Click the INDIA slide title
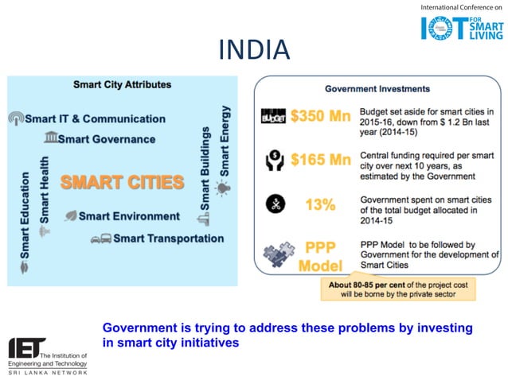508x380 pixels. [253, 51]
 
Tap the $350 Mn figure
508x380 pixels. [320, 117]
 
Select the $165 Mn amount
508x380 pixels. [320, 160]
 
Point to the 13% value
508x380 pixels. [320, 204]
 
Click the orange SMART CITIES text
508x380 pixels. [122, 182]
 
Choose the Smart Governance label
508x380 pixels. [106, 138]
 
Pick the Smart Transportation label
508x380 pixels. [167, 238]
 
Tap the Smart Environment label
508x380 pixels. [128, 215]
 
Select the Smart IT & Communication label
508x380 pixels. [94, 118]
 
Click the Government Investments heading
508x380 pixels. [377, 88]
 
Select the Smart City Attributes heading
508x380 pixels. [122, 84]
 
